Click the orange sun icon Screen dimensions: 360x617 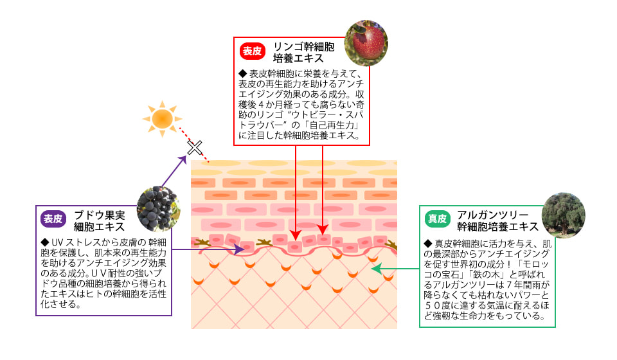pos(162,119)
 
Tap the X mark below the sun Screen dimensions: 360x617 pos(194,148)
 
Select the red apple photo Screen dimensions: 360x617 pos(366,44)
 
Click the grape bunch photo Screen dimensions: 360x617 pos(158,209)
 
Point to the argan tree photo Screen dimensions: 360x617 pos(563,215)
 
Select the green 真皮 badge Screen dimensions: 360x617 pos(438,219)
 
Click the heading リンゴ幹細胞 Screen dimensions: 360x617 pos(303,47)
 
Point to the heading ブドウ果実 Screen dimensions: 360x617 pos(100,214)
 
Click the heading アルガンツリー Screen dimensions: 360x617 pos(492,214)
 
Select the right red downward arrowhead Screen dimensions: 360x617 pos(323,229)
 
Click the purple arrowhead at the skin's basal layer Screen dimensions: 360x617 pos(240,249)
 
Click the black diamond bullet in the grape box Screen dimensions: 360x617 pos(44,242)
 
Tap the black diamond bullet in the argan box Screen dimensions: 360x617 pos(429,244)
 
